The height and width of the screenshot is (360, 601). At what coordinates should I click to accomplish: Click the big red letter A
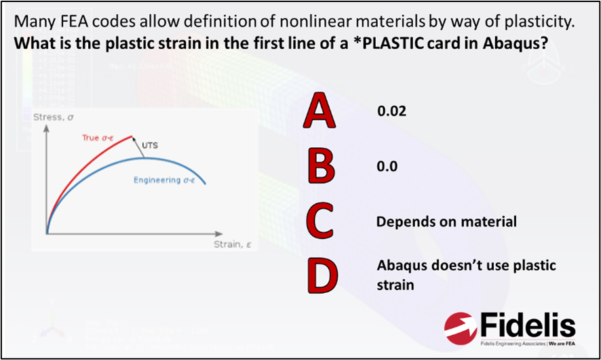pyautogui.click(x=319, y=111)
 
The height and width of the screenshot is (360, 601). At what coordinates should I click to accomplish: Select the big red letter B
pyautogui.click(x=322, y=166)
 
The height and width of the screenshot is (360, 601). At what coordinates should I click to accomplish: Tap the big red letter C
pyautogui.click(x=319, y=221)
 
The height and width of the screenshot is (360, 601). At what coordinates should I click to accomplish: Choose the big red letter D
pyautogui.click(x=323, y=276)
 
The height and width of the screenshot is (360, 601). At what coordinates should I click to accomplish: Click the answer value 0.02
pyautogui.click(x=391, y=111)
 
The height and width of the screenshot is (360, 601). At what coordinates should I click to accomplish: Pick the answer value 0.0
pyautogui.click(x=387, y=166)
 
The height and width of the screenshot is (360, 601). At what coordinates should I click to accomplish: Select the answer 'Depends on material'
pyautogui.click(x=446, y=222)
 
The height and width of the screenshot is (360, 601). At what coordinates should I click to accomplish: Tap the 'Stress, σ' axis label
pyautogui.click(x=53, y=117)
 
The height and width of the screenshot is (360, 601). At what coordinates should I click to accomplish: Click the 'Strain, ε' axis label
pyautogui.click(x=232, y=244)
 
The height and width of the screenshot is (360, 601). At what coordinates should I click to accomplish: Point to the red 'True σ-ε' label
pyautogui.click(x=98, y=138)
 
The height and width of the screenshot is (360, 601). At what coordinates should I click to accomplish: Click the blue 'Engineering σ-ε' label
pyautogui.click(x=164, y=180)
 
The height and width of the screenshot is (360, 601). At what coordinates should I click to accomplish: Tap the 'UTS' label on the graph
pyautogui.click(x=150, y=146)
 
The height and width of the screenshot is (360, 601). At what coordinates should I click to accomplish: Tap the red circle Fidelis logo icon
pyautogui.click(x=461, y=328)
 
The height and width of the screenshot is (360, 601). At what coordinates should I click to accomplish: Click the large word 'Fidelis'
pyautogui.click(x=528, y=326)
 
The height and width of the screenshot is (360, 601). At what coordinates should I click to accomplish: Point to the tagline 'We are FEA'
pyautogui.click(x=562, y=344)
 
